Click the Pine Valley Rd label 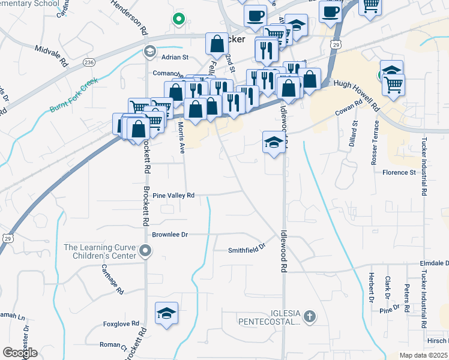tap(173, 196)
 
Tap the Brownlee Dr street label tap(170, 235)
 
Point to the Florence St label tap(399, 172)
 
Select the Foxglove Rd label tap(121, 323)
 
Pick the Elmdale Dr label tap(434, 263)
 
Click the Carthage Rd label tap(112, 279)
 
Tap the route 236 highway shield tap(89, 62)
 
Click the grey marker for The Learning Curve tap(145, 251)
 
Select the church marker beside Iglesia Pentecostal tap(309, 316)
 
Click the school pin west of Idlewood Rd tap(274, 143)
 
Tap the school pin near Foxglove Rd tap(167, 313)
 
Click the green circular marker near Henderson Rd tap(178, 19)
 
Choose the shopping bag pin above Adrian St tap(217, 43)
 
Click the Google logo tap(20, 353)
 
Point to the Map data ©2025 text tap(424, 355)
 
